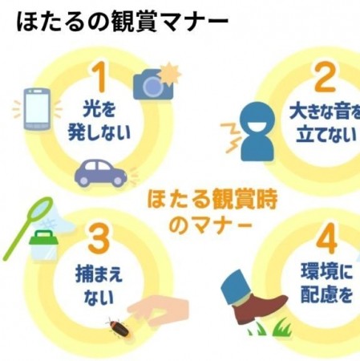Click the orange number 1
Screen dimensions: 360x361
click(x=99, y=77)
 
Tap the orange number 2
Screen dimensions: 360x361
click(x=326, y=78)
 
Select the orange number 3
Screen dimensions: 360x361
click(x=99, y=238)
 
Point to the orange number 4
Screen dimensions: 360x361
click(x=326, y=238)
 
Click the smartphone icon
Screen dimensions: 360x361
click(x=37, y=109)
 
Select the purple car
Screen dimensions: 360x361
click(x=101, y=172)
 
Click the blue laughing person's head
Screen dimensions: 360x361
click(x=257, y=117)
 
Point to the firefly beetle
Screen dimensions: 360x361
click(x=119, y=328)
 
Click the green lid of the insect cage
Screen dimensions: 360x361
click(x=43, y=237)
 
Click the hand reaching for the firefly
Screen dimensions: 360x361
click(x=160, y=310)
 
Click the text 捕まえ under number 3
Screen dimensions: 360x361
click(x=99, y=274)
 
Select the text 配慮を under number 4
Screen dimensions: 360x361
click(x=326, y=294)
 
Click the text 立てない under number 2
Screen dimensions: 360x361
click(x=326, y=134)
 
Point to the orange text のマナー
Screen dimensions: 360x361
click(x=210, y=225)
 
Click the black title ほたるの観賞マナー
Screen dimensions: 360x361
click(x=123, y=22)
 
